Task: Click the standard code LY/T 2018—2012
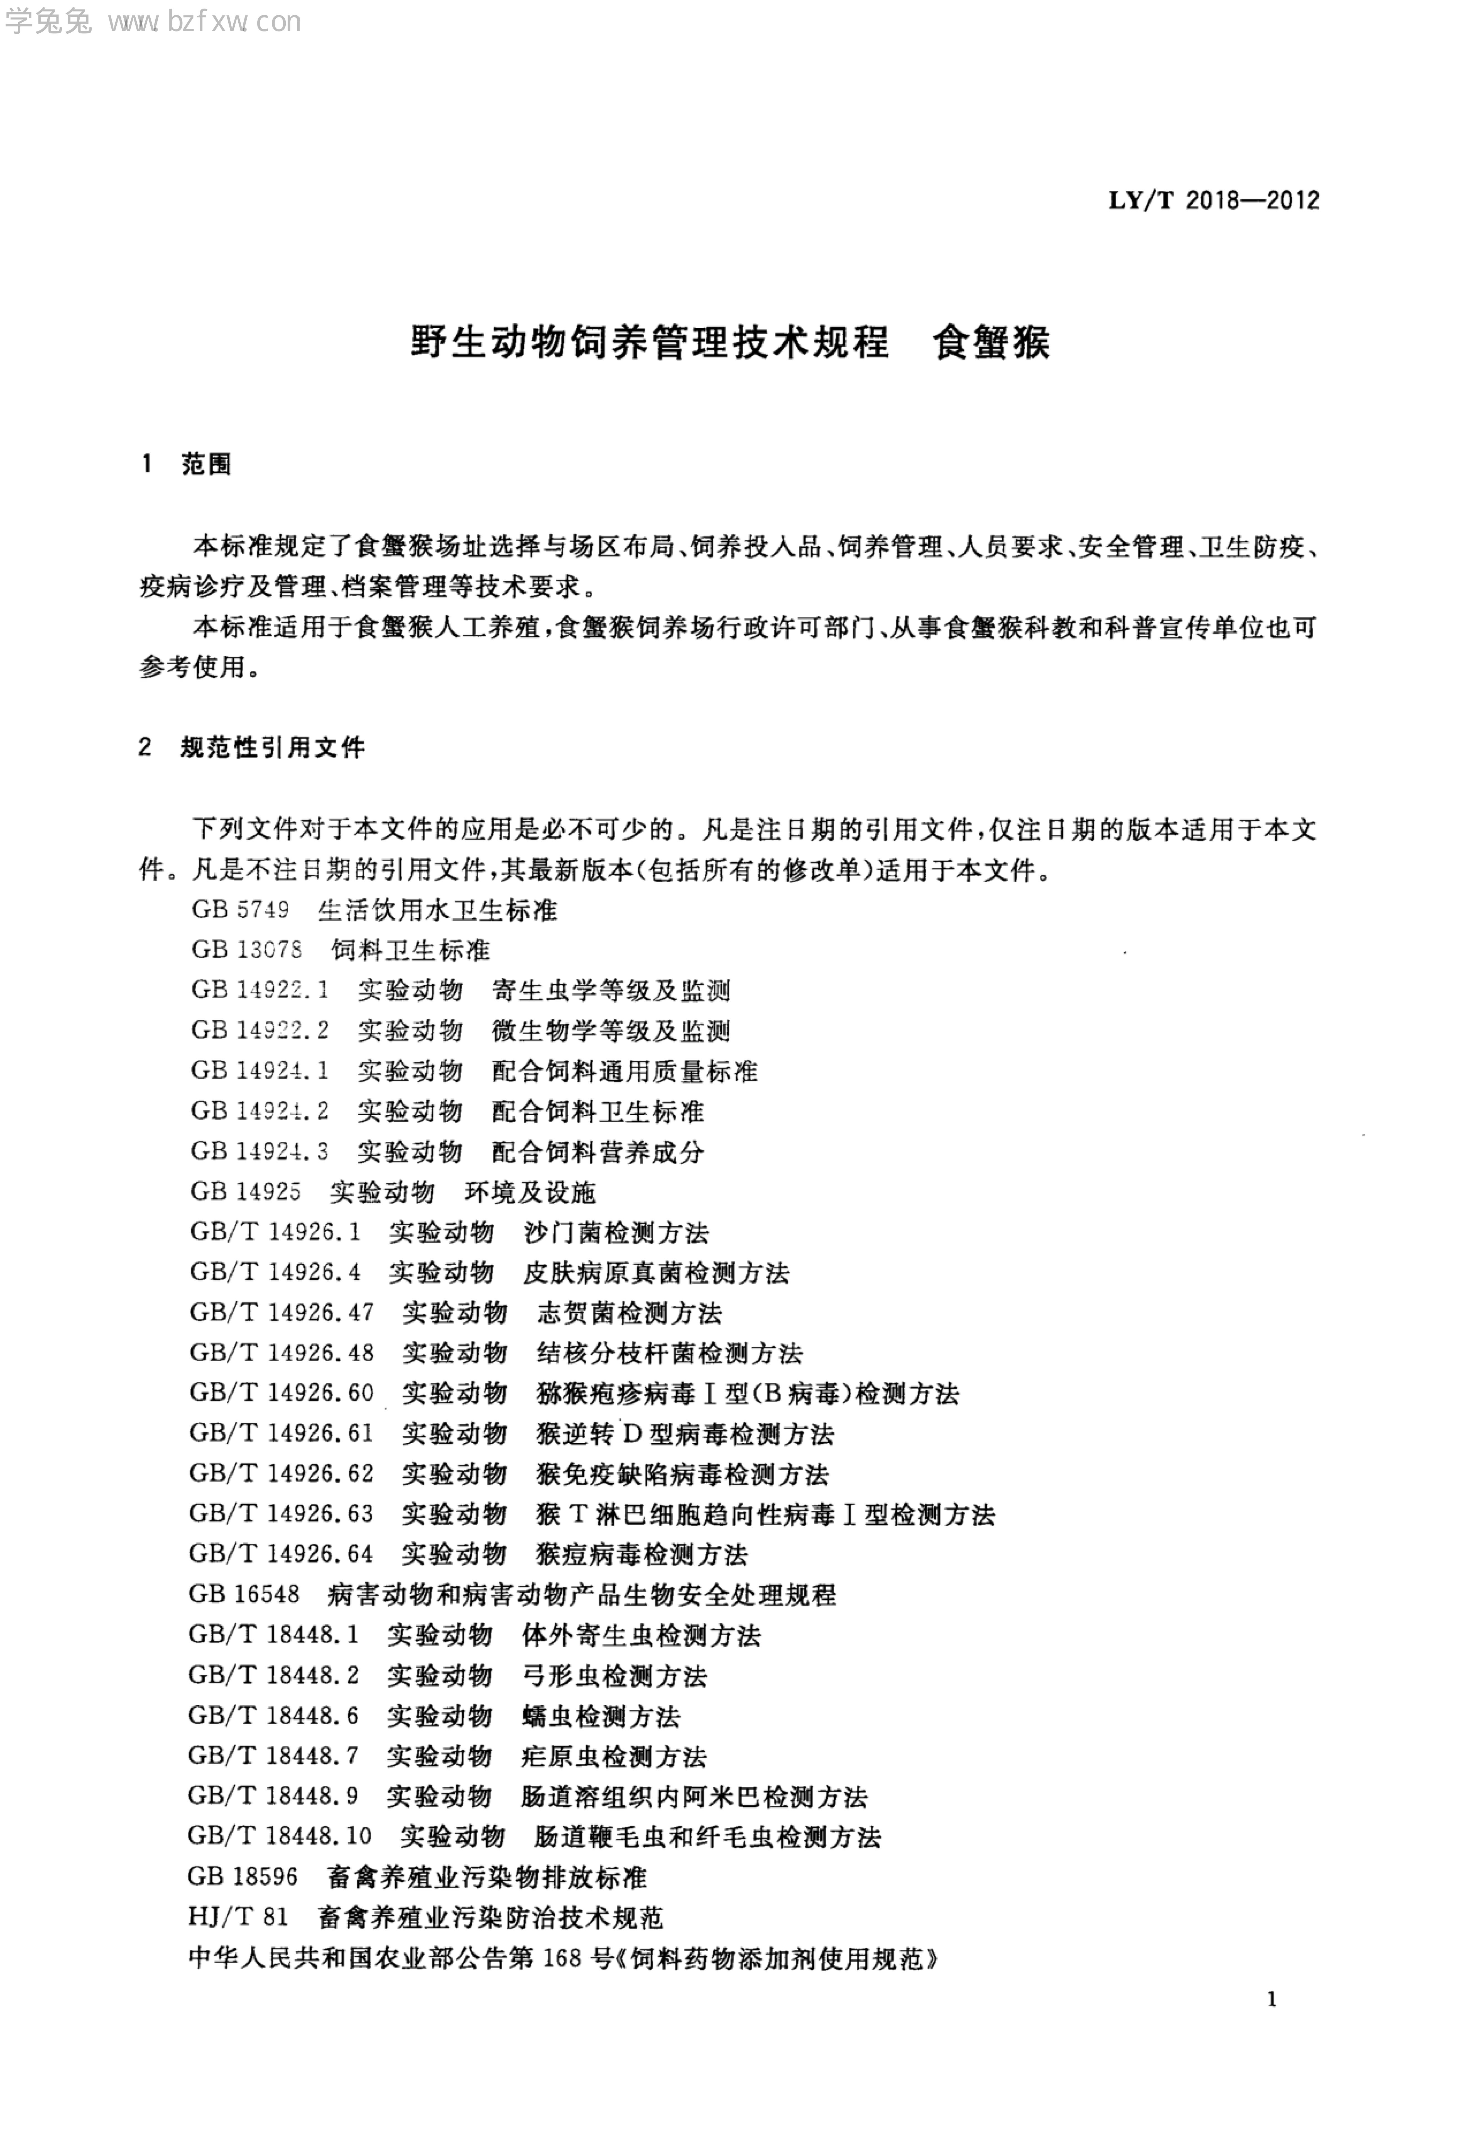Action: (1214, 200)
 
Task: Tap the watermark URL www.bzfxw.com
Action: (204, 22)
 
